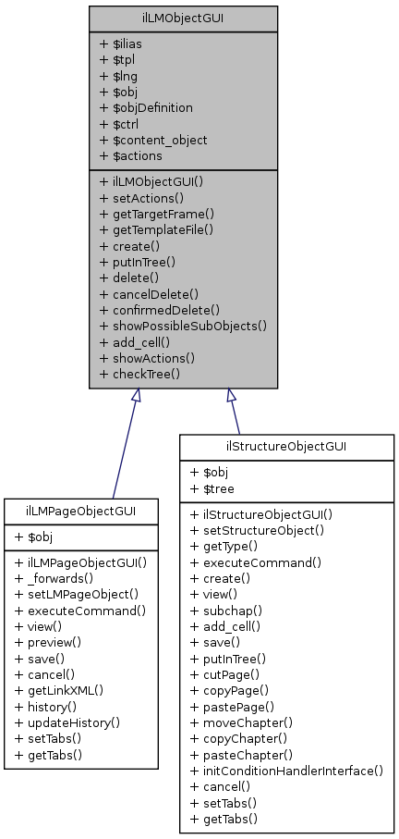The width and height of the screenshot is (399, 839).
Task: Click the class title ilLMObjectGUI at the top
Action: (x=183, y=18)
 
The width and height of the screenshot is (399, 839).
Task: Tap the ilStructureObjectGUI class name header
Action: (x=288, y=449)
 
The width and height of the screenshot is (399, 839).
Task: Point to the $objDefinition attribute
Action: (x=146, y=107)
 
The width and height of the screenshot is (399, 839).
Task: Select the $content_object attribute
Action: (x=152, y=139)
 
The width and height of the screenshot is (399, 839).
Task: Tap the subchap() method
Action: (x=221, y=611)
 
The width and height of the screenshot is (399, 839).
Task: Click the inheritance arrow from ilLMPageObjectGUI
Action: (x=125, y=443)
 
